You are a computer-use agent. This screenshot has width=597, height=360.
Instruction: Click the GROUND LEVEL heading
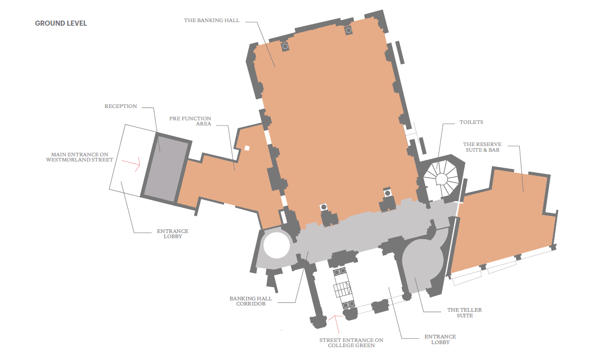[61, 23]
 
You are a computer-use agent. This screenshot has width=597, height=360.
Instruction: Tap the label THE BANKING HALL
[212, 21]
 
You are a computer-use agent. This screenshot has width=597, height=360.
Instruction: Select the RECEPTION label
[121, 106]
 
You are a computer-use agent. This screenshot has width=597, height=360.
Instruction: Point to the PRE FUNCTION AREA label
[190, 121]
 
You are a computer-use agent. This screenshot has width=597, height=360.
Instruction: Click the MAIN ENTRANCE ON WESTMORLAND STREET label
[80, 157]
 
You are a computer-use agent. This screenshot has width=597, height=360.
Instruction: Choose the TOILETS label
[471, 122]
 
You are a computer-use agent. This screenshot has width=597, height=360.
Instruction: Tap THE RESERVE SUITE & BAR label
[482, 147]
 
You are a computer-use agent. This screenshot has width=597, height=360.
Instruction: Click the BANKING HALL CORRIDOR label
[251, 301]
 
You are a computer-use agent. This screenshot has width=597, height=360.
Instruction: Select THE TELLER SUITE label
[465, 313]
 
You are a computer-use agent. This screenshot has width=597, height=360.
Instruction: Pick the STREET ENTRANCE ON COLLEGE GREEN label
[352, 343]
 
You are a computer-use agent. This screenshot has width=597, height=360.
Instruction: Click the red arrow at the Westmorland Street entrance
[132, 163]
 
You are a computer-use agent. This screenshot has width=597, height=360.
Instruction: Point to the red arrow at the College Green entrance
[335, 322]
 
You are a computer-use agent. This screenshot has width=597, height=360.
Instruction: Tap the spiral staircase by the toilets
[442, 178]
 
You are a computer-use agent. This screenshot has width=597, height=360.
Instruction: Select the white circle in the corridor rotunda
[277, 245]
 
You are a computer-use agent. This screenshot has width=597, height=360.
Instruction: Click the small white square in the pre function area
[247, 148]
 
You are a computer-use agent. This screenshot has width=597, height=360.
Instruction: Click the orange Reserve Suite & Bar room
[503, 221]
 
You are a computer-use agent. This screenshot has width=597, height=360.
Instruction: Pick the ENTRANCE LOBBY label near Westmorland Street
[173, 233]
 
